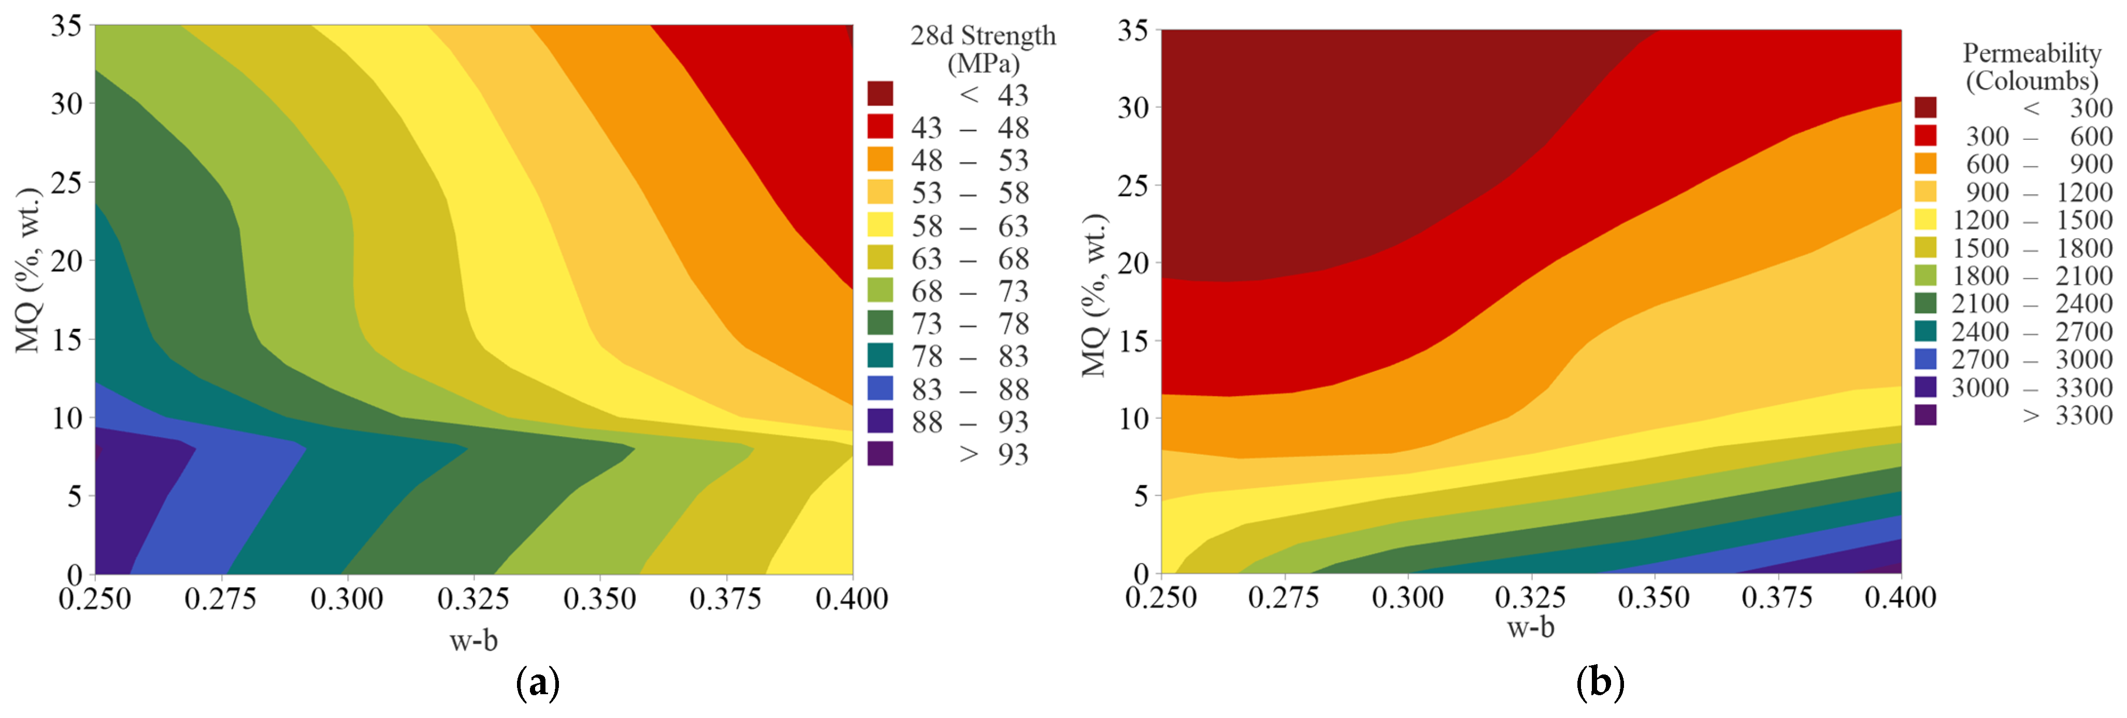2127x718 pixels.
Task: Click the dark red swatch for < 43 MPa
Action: point(880,93)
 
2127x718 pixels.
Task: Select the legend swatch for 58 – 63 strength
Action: point(880,224)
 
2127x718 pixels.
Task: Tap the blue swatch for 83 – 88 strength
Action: point(880,388)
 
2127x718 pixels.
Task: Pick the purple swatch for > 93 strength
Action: point(880,453)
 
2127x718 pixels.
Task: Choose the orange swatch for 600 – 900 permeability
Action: point(1925,163)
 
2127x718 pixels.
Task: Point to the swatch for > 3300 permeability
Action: point(1925,414)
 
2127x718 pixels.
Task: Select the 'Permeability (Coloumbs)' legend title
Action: point(2031,67)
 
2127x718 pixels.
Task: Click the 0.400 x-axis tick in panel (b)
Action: point(1900,597)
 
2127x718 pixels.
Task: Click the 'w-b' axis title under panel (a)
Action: point(473,640)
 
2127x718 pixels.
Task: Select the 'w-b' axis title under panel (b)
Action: point(1530,628)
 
